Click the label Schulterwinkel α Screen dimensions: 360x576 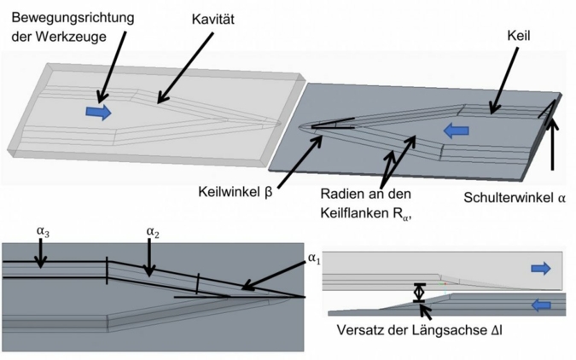[x=515, y=197]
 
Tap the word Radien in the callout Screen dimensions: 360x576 [x=342, y=191]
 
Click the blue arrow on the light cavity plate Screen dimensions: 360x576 [x=98, y=112]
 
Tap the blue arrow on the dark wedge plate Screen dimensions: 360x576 [x=457, y=130]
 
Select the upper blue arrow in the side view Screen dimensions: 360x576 [x=540, y=269]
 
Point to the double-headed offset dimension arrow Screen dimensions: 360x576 [x=418, y=293]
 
